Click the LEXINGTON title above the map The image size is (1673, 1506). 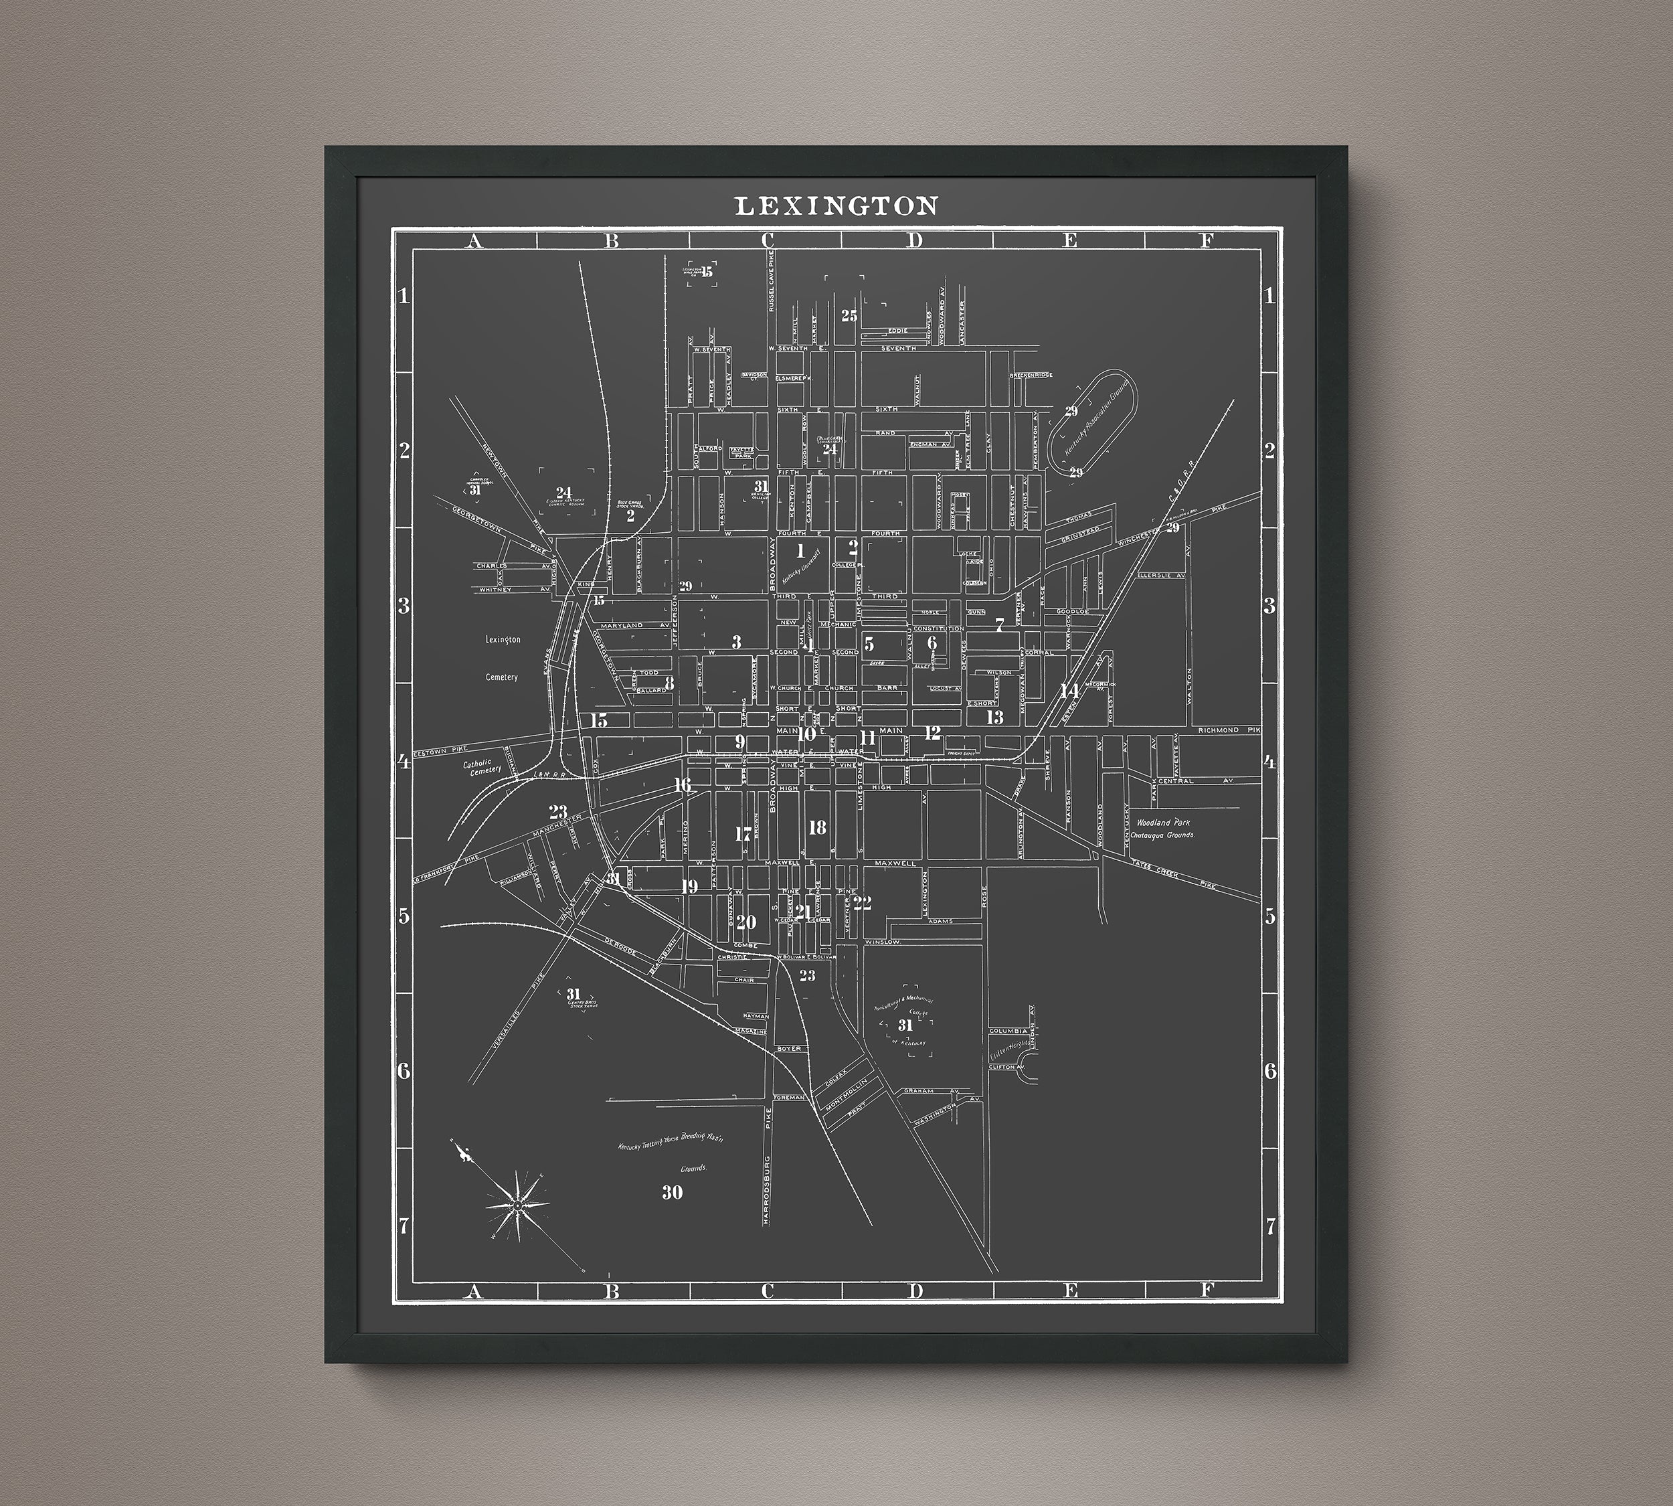pyautogui.click(x=836, y=206)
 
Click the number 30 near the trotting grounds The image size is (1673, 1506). pyautogui.click(x=672, y=1192)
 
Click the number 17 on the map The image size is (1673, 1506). pyautogui.click(x=743, y=834)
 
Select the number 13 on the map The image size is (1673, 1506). pyautogui.click(x=994, y=718)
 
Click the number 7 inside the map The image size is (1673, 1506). pyautogui.click(x=1000, y=624)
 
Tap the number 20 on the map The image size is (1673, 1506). pyautogui.click(x=745, y=922)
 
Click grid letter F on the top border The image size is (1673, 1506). pyautogui.click(x=1207, y=241)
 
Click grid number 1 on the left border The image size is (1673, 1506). pyautogui.click(x=404, y=295)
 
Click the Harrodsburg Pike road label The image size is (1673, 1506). pyautogui.click(x=767, y=1186)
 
